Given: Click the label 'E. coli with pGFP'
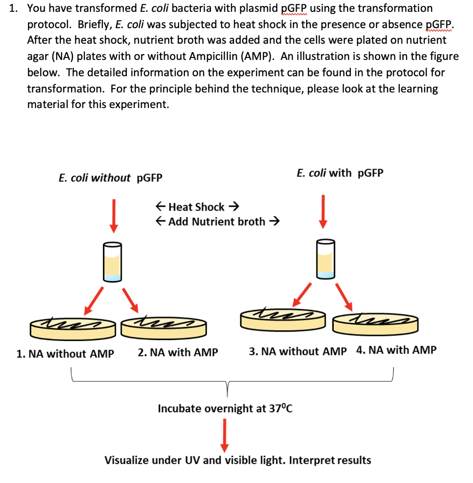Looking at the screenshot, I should [x=340, y=173].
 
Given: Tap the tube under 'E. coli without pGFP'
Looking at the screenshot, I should [x=112, y=262].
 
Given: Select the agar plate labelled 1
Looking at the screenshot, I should [x=73, y=327].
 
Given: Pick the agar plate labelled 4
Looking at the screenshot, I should [x=375, y=323].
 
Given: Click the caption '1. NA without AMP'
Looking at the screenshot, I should [x=65, y=354].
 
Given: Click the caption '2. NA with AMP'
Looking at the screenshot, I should [x=178, y=352].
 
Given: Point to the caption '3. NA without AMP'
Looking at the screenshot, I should [x=297, y=351].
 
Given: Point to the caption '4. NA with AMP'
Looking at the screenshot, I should [x=397, y=350].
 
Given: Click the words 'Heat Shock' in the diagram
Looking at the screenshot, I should [x=196, y=207].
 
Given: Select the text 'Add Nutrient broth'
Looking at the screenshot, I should [x=217, y=222].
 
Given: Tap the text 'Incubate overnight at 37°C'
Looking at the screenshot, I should [x=225, y=408].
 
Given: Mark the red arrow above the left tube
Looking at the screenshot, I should [x=113, y=215].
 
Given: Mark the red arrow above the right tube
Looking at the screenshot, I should [x=323, y=210].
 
